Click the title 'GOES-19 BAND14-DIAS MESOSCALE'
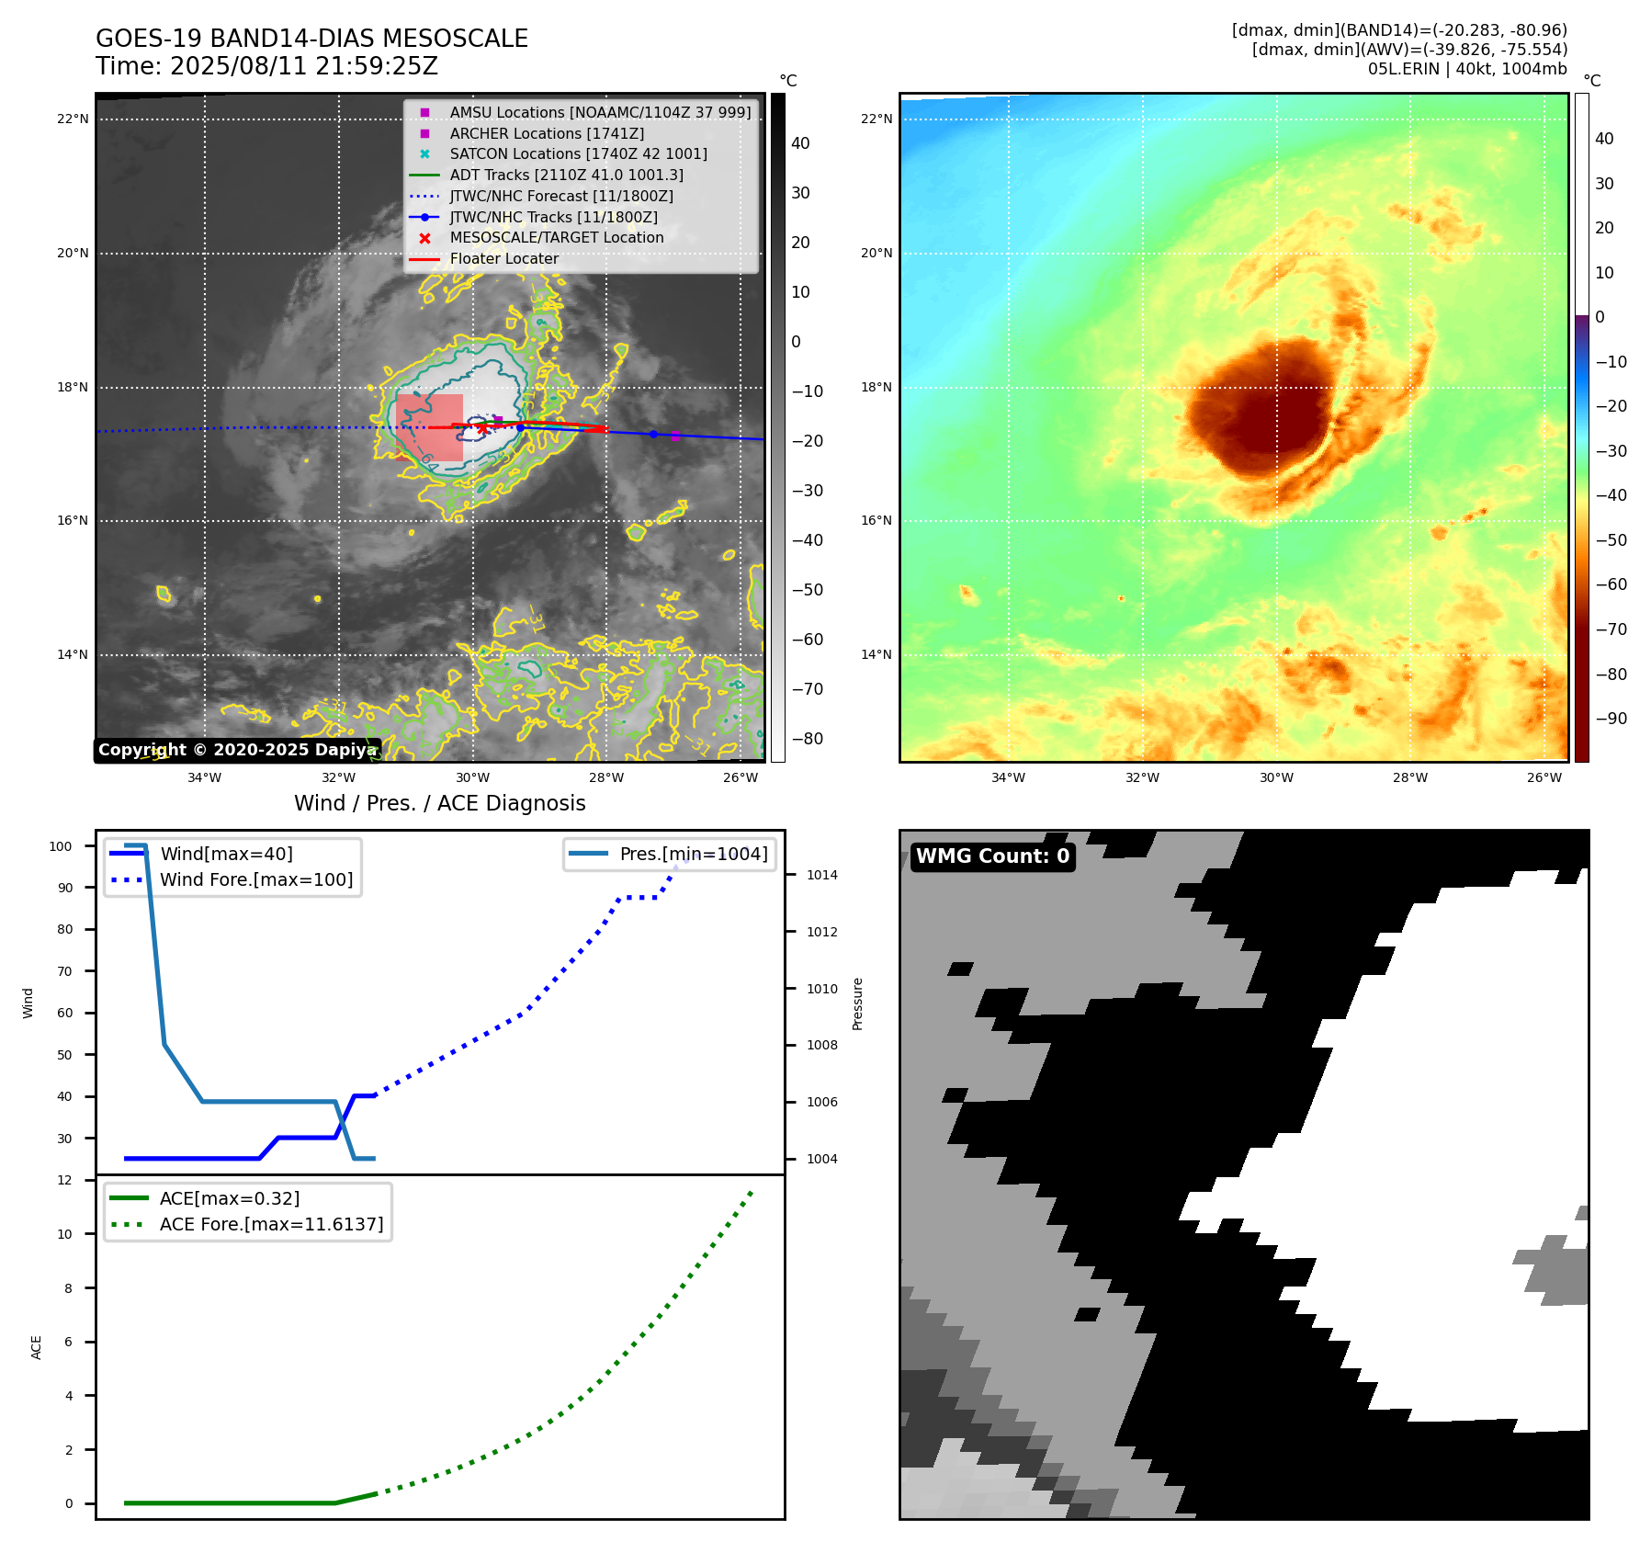click(x=311, y=39)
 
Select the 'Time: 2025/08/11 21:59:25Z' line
click(x=266, y=66)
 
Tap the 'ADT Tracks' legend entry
click(x=566, y=175)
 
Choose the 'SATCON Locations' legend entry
click(x=578, y=153)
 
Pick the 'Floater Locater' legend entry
click(x=503, y=259)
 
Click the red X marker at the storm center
click(x=482, y=428)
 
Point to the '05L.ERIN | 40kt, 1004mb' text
click(x=1466, y=69)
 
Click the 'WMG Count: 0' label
click(x=992, y=856)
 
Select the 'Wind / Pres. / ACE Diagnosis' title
click(x=439, y=803)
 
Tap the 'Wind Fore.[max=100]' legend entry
click(x=256, y=879)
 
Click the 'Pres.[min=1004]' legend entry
click(x=693, y=854)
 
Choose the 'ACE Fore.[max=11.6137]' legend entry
click(x=271, y=1224)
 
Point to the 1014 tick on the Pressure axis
click(x=821, y=875)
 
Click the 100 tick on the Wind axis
click(x=61, y=846)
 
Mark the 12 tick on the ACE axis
click(x=64, y=1180)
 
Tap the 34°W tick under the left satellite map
click(x=204, y=777)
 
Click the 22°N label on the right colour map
click(x=876, y=119)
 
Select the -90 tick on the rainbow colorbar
click(x=1611, y=719)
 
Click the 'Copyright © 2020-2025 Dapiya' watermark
click(x=237, y=750)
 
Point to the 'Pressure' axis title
click(x=857, y=1003)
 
